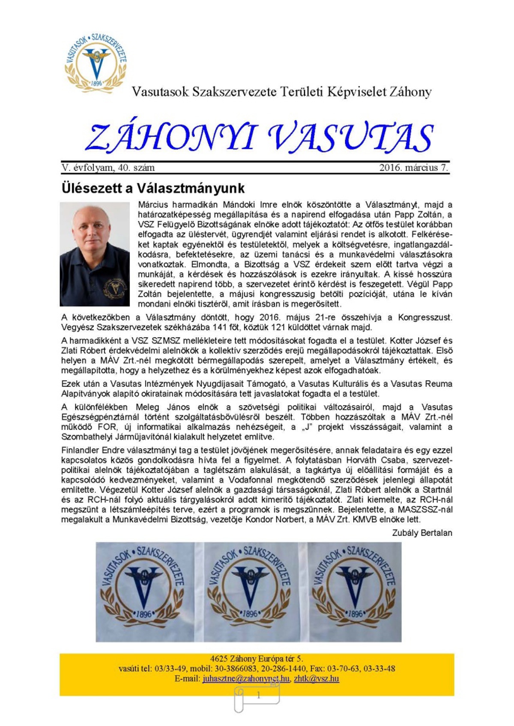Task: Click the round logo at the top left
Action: click(96, 61)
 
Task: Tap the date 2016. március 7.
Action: click(414, 168)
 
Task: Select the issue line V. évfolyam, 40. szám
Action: click(108, 168)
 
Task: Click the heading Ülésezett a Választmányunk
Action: click(153, 188)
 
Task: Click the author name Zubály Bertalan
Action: click(422, 533)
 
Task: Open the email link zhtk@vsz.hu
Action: click(316, 678)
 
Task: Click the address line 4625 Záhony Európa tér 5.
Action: click(257, 659)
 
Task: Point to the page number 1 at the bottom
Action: click(258, 696)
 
